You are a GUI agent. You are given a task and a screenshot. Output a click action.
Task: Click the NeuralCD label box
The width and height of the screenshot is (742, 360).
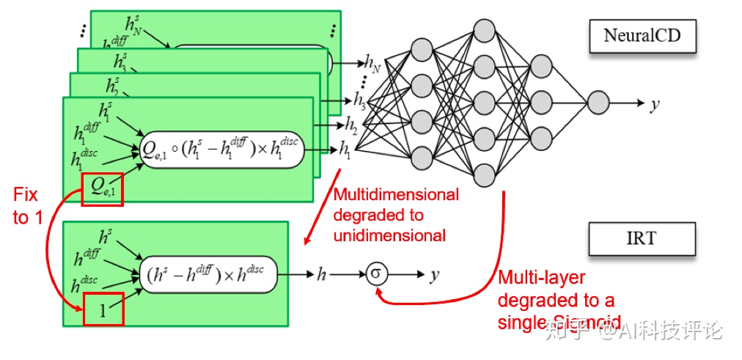(642, 34)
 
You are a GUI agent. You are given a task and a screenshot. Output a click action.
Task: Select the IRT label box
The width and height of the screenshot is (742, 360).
(642, 238)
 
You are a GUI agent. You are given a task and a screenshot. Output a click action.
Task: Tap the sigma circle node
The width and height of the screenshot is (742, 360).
(375, 275)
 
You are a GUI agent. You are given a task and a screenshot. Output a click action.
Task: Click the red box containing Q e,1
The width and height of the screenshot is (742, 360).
(103, 189)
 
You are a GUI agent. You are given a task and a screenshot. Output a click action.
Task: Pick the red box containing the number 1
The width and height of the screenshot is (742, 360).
(103, 309)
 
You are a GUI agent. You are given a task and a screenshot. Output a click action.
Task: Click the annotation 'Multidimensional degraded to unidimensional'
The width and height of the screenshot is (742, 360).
(396, 215)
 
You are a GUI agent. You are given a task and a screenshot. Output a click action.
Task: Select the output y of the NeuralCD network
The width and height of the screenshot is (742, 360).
(654, 103)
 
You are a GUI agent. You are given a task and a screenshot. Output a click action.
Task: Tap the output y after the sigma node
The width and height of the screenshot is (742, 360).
(435, 275)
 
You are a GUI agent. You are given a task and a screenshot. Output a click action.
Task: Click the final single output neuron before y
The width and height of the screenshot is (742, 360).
(598, 103)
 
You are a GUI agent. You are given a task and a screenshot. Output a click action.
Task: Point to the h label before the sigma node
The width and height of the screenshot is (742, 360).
(321, 275)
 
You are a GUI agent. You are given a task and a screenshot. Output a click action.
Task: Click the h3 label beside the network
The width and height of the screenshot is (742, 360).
(359, 99)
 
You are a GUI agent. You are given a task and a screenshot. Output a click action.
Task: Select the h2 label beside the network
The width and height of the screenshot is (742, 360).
(353, 123)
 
